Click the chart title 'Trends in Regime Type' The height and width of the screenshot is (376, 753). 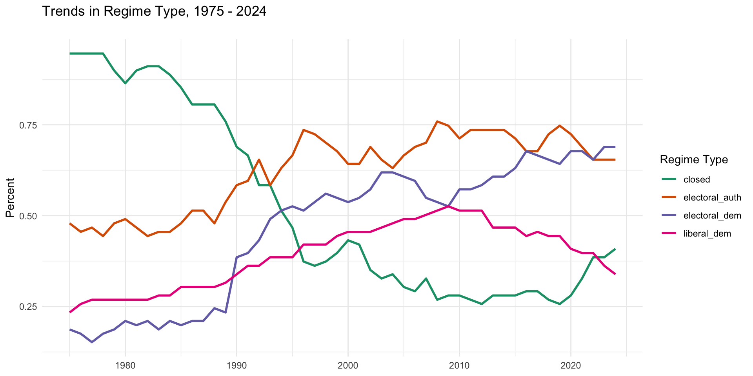click(154, 11)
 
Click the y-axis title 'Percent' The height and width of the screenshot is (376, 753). click(10, 198)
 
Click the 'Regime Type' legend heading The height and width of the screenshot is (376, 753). click(694, 160)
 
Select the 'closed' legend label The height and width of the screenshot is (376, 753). click(697, 179)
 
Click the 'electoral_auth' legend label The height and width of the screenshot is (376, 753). click(712, 197)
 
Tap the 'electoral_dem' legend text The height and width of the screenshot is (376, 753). click(712, 215)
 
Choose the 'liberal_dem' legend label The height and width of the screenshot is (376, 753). click(707, 234)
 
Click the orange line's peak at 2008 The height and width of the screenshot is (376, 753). click(437, 121)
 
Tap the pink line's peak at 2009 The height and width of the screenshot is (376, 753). click(448, 206)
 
